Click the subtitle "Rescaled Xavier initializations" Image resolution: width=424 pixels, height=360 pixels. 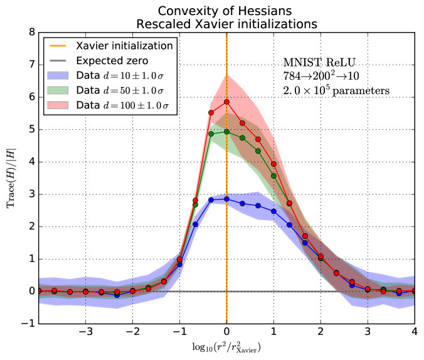226,24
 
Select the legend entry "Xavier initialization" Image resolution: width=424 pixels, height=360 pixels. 124,45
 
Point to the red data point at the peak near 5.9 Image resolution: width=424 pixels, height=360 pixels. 226,102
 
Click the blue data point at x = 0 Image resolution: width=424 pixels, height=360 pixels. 226,199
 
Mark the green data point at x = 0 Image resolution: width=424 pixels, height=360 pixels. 226,132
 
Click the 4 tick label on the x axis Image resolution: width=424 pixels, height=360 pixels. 414,332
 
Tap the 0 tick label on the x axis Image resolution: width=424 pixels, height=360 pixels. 226,332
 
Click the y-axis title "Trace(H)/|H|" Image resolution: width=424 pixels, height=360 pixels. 11,178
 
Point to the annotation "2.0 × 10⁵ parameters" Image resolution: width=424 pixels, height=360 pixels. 337,90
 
